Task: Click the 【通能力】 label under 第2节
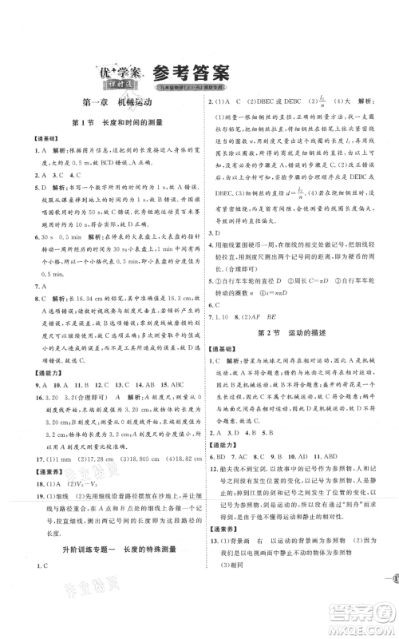tap(226, 440)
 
